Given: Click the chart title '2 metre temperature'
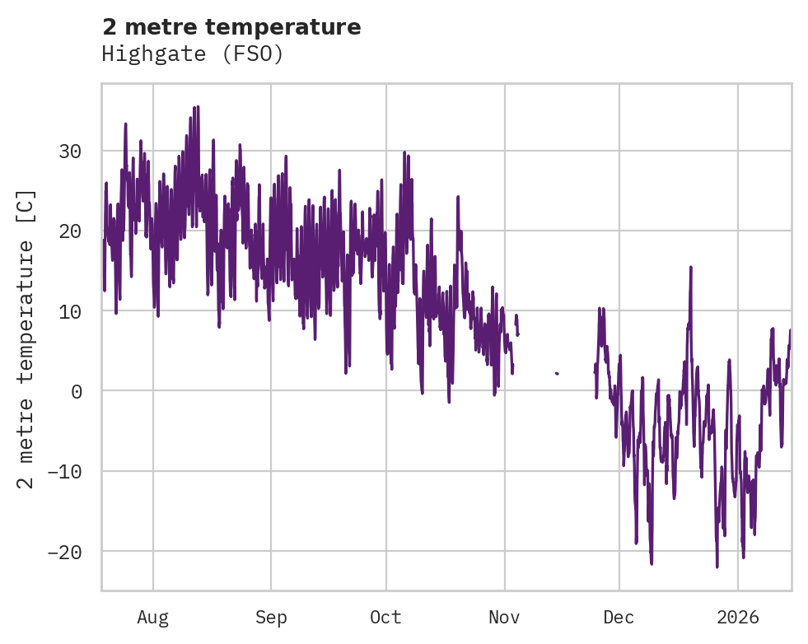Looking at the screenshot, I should click(231, 27).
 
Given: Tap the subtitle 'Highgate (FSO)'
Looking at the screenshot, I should click(193, 54).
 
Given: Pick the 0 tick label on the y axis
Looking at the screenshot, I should click(76, 391).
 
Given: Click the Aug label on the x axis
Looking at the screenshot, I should click(153, 617).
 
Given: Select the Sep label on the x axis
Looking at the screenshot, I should click(271, 617).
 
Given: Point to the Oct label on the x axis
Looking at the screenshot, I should click(385, 617).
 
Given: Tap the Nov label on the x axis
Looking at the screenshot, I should click(504, 617).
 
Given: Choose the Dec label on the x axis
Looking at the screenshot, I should click(619, 617).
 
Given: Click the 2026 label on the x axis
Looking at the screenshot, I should click(738, 617).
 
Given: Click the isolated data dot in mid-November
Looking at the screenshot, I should click(557, 373).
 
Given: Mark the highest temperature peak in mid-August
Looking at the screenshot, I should click(198, 107).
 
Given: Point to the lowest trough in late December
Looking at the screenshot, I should click(717, 567).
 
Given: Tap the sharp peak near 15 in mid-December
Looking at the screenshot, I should click(691, 268).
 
